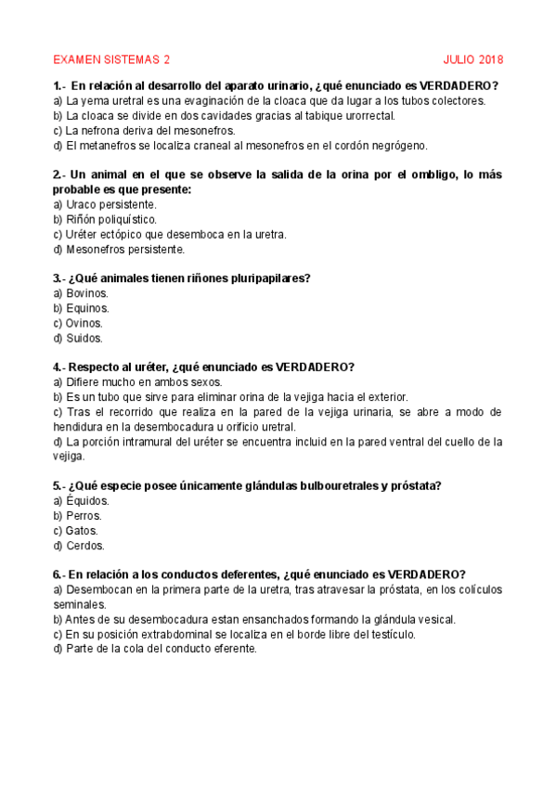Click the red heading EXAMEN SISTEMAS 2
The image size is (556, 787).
click(x=111, y=60)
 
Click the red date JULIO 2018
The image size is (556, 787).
click(x=473, y=60)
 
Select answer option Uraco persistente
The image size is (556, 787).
click(x=105, y=204)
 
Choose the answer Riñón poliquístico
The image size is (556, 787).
click(x=105, y=219)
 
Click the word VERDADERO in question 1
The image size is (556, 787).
click(x=455, y=85)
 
